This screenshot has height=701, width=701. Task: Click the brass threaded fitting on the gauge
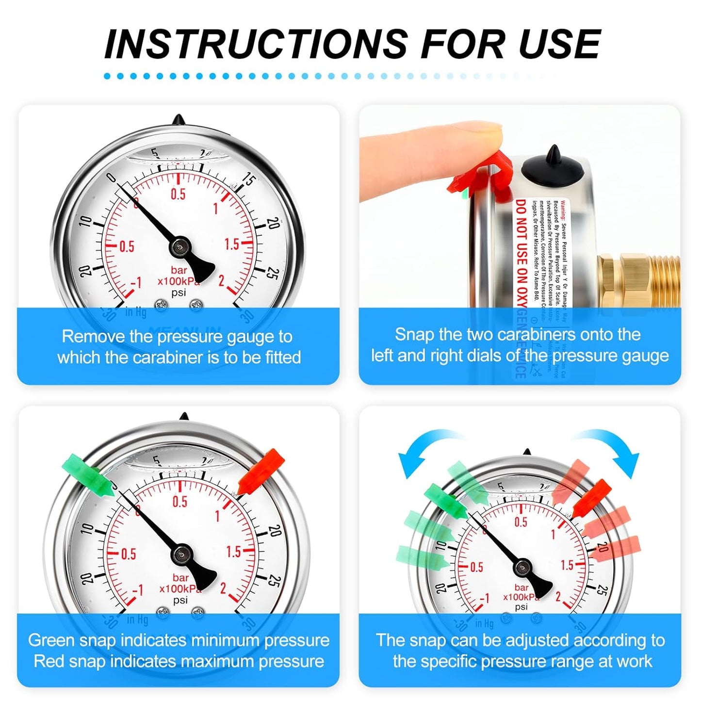point(638,281)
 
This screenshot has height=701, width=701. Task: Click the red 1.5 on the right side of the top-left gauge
point(232,244)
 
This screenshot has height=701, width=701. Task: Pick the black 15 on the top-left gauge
point(249,180)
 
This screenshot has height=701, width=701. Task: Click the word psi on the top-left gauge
point(179,293)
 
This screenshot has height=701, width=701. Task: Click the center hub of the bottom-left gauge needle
point(182,554)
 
